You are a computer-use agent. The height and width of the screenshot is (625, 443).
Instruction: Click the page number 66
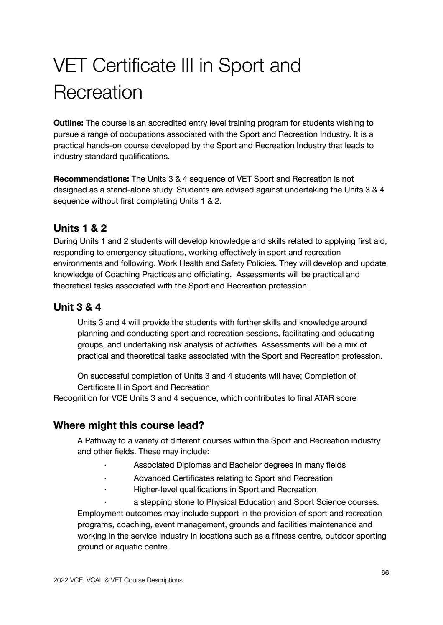coord(385,572)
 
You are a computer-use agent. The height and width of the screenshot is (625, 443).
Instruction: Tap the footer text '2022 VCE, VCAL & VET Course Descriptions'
coord(118,580)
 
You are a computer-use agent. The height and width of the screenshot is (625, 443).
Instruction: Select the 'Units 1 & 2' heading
coord(80,228)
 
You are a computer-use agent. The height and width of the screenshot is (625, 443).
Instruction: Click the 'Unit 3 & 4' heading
coord(77,307)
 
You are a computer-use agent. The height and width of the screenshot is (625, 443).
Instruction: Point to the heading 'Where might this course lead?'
coord(129,425)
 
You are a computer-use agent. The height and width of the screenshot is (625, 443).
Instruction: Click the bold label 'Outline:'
coord(69,123)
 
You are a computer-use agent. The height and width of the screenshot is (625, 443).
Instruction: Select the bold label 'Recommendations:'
coord(92,179)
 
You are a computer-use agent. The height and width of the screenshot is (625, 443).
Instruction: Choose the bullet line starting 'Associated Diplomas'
coord(239,465)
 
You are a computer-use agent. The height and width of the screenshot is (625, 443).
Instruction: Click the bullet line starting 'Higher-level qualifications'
coord(225,489)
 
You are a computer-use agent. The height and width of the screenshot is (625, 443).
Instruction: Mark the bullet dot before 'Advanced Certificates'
coord(105,478)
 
